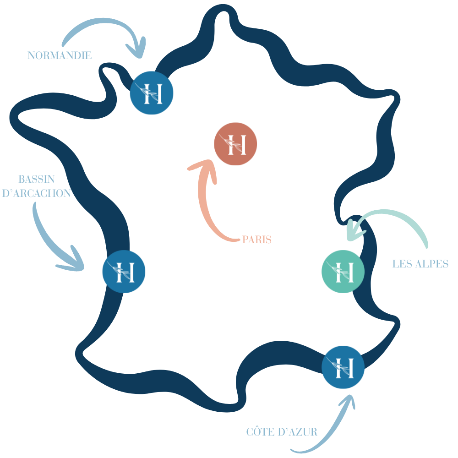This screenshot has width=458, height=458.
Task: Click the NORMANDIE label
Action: [60, 56]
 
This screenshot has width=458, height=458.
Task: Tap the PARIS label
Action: [256, 240]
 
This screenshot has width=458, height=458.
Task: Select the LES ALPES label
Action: [420, 264]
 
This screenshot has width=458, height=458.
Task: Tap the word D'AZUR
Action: [300, 432]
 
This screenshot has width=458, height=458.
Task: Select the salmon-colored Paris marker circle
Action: [235, 145]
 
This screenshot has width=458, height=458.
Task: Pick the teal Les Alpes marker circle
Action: [343, 271]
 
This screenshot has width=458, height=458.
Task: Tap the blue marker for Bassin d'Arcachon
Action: [124, 272]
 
